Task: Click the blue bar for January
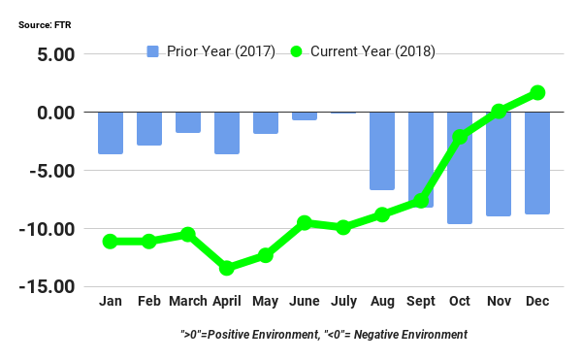click(111, 133)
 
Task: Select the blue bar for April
click(227, 133)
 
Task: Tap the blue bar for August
click(382, 150)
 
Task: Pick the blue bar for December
click(537, 162)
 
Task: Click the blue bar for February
click(149, 128)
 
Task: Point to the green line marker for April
click(227, 268)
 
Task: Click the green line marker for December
click(537, 92)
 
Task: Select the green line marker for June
click(305, 222)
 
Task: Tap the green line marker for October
click(460, 137)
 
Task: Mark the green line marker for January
click(111, 241)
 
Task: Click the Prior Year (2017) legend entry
click(210, 50)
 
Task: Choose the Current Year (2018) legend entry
click(364, 50)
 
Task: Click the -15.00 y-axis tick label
click(46, 287)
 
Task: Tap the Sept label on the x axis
click(421, 302)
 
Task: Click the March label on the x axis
click(188, 302)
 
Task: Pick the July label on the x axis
click(343, 302)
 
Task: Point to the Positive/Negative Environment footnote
click(324, 334)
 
